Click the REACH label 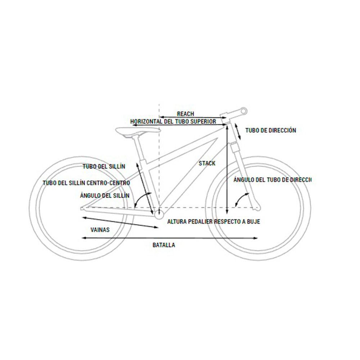pyautogui.click(x=185, y=114)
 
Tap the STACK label pyautogui.click(x=207, y=163)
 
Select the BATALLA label pyautogui.click(x=164, y=245)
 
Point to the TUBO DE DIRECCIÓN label pyautogui.click(x=271, y=130)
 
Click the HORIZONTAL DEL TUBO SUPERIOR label pyautogui.click(x=173, y=121)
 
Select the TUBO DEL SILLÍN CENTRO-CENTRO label pyautogui.click(x=86, y=183)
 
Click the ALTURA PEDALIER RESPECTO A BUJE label pyautogui.click(x=213, y=222)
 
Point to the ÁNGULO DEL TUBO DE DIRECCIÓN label pyautogui.click(x=272, y=179)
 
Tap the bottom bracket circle pyautogui.click(x=159, y=216)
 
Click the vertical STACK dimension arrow pyautogui.click(x=227, y=169)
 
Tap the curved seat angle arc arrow pyautogui.click(x=141, y=198)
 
